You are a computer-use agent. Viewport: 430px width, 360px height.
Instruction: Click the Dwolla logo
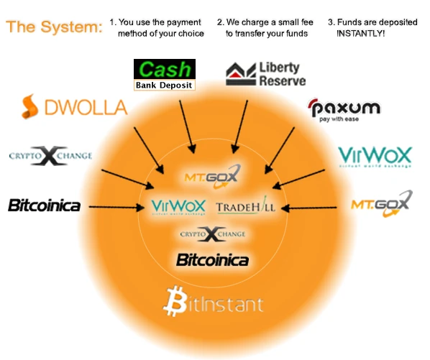[74, 108]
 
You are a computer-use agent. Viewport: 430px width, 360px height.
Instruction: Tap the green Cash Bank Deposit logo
[165, 75]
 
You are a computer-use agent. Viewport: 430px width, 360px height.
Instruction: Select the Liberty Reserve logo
[265, 73]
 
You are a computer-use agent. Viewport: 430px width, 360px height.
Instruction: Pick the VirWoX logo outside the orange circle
[375, 157]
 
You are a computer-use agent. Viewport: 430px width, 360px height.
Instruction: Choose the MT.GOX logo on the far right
[381, 203]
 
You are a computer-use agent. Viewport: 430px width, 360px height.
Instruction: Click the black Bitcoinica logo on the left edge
[43, 206]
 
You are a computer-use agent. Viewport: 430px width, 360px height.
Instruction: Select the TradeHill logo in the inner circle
[246, 207]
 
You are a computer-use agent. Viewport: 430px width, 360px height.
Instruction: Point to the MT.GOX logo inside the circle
[211, 175]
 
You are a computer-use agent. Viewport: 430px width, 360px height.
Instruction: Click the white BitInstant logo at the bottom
[214, 300]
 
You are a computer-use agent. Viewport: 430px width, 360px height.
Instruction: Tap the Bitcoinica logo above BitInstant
[212, 259]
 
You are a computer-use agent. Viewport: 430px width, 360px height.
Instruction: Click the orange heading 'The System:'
[55, 28]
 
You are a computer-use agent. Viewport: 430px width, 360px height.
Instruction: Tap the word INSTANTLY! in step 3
[360, 34]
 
